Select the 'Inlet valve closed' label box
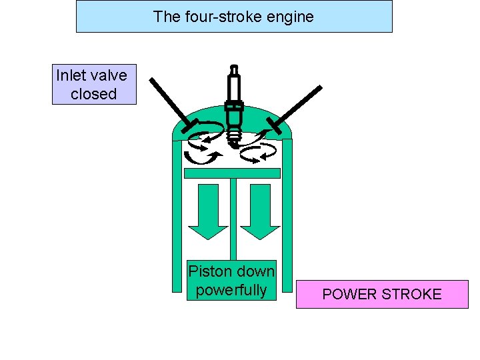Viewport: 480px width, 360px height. point(94,85)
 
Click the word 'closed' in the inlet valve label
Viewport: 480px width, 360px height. point(94,94)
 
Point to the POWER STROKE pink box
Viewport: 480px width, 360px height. point(382,294)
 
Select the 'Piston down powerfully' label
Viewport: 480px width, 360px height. point(231,280)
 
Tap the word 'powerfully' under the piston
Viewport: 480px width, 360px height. point(231,290)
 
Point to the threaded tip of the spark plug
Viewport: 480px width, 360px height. point(233,137)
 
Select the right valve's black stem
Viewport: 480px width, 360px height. point(297,103)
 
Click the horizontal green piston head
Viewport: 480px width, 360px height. point(231,173)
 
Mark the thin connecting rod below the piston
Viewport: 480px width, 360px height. point(232,220)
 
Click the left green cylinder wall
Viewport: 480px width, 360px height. point(177,220)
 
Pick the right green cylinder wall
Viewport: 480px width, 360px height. point(287,220)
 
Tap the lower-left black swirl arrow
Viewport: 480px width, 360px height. point(202,157)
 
